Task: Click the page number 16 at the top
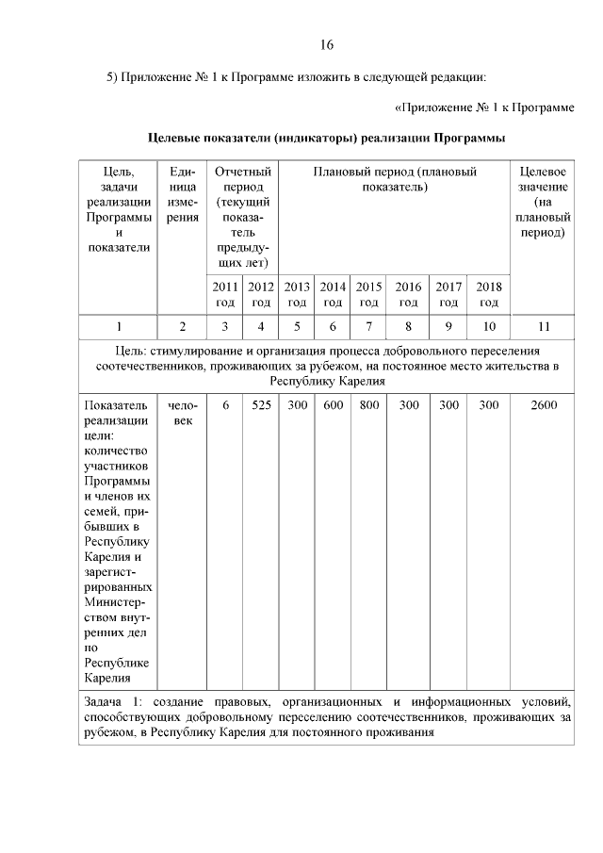[x=327, y=44]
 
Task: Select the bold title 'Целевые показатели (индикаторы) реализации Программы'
[x=327, y=138]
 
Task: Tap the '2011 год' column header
[x=224, y=294]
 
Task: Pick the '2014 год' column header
[x=333, y=294]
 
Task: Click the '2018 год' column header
[x=489, y=294]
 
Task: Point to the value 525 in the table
[x=261, y=405]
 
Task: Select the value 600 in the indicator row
[x=333, y=405]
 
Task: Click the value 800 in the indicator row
[x=369, y=405]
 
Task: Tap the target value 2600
[x=543, y=405]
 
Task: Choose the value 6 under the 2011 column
[x=225, y=405]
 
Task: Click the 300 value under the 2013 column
[x=297, y=405]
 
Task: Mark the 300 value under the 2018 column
[x=489, y=405]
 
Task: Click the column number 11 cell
[x=543, y=327]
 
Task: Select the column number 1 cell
[x=119, y=327]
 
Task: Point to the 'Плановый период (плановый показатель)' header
[x=394, y=179]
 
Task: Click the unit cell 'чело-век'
[x=182, y=413]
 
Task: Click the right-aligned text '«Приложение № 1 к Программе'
[x=483, y=107]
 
